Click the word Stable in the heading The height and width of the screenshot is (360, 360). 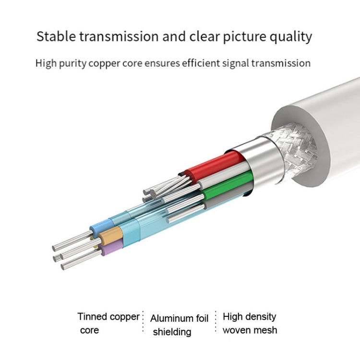tap(56, 36)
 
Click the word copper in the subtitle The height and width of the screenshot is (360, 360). tap(104, 63)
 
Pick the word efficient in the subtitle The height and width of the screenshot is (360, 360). tap(201, 63)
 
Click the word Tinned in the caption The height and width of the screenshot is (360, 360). tap(92, 317)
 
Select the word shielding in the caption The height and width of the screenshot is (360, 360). tap(172, 332)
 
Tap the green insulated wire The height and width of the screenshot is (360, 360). tap(228, 186)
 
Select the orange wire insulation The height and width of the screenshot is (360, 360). tap(111, 235)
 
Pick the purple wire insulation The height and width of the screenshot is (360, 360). tap(111, 247)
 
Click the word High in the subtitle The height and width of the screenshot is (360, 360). tap(46, 63)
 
